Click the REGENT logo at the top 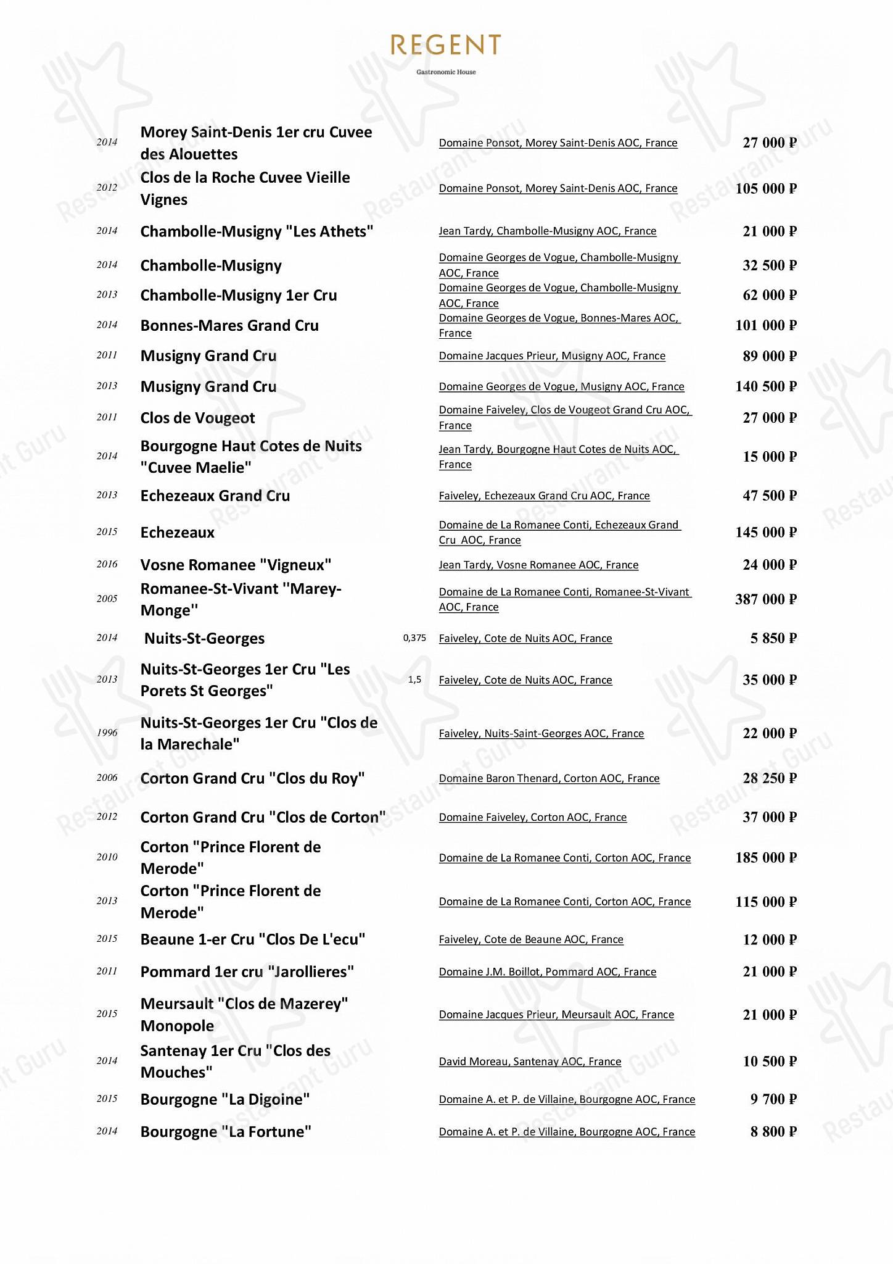(x=446, y=45)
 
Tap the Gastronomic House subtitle (x=446, y=72)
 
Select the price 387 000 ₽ (x=765, y=599)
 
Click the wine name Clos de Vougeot (x=197, y=418)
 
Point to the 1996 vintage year (x=107, y=733)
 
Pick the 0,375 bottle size (x=414, y=638)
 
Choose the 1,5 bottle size (x=414, y=680)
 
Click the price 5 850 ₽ (x=773, y=638)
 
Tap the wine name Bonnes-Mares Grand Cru (x=229, y=325)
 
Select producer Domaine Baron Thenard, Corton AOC (x=549, y=778)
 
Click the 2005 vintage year (x=107, y=599)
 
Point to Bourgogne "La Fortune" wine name (x=226, y=1131)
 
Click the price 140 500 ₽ (x=765, y=386)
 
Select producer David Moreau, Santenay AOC (x=530, y=1061)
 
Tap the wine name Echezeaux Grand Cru (x=215, y=496)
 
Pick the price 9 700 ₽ (x=773, y=1099)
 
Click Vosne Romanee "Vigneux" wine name (x=236, y=565)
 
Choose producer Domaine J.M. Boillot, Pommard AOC (x=547, y=971)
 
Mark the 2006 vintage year (x=107, y=778)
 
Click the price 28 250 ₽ (x=769, y=778)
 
